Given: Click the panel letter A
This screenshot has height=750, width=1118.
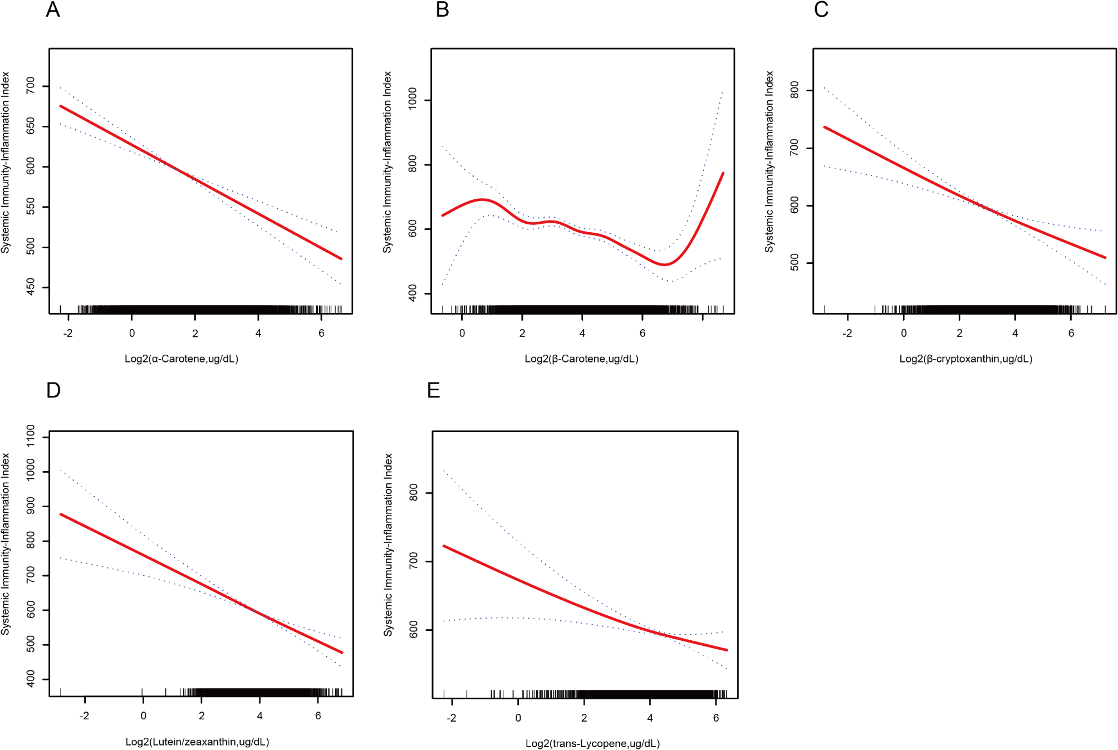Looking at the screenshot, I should (53, 10).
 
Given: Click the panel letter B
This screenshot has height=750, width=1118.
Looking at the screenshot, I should (442, 10).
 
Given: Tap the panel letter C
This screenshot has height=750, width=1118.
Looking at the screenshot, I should (821, 10).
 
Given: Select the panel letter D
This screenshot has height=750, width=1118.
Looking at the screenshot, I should (53, 390).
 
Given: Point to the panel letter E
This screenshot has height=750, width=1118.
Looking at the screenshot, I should (433, 390).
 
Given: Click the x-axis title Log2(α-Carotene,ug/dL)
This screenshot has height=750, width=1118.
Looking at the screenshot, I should (182, 359).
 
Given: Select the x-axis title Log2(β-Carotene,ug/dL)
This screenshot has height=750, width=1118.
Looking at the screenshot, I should (581, 359).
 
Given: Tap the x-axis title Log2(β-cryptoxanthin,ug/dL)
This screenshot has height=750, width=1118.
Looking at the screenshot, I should (966, 359).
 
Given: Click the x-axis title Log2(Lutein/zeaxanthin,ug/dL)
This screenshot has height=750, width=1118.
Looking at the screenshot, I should (197, 742).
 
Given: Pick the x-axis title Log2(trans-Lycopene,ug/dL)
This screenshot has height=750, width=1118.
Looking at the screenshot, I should (592, 743).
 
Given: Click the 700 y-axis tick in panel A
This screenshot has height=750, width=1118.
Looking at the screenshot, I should (31, 86).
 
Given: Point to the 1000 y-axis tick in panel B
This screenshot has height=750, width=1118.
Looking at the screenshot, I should (413, 100).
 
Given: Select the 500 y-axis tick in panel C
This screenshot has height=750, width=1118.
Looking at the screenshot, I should (795, 263).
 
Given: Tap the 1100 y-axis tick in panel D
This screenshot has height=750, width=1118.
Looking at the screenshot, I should (31, 437).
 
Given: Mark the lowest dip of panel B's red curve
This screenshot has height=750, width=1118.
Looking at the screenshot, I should (664, 264).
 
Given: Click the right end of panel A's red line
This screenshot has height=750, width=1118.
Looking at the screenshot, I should (341, 258).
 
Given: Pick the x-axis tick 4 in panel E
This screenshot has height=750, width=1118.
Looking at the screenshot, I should (650, 718).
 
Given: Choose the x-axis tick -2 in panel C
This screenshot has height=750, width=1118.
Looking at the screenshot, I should (847, 333).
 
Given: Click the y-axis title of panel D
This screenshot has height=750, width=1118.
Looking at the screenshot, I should (6, 544).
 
